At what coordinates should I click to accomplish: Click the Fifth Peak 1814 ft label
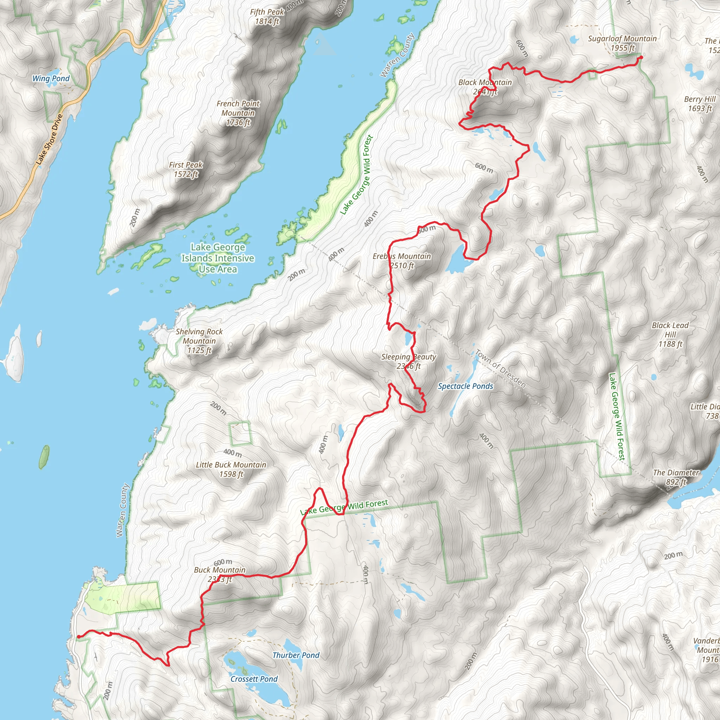pos(267,17)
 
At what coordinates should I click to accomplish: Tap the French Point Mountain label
pos(238,113)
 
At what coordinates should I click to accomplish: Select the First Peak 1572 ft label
pos(186,169)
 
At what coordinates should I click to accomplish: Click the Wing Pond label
pos(51,78)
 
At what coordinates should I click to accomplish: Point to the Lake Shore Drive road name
pos(49,139)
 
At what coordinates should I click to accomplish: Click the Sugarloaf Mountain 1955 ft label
pos(622,43)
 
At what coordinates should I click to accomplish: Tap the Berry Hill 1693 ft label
pos(700,104)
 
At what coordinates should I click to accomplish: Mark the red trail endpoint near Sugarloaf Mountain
pos(641,57)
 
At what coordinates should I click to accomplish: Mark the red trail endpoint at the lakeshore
pos(78,637)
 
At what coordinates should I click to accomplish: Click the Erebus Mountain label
pos(402,261)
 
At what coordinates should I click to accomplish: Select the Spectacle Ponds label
pos(465,386)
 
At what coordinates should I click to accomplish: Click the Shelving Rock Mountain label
pos(199,341)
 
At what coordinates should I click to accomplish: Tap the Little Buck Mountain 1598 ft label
pos(231,469)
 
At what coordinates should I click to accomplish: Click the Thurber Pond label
pos(296,655)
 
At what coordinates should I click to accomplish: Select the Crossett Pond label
pos(254,679)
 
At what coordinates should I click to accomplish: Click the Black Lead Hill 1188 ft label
pos(670,334)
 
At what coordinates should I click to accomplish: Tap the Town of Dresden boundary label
pos(500,368)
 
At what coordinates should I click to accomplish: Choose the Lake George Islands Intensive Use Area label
pos(218,258)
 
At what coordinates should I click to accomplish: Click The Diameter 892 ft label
pos(676,477)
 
